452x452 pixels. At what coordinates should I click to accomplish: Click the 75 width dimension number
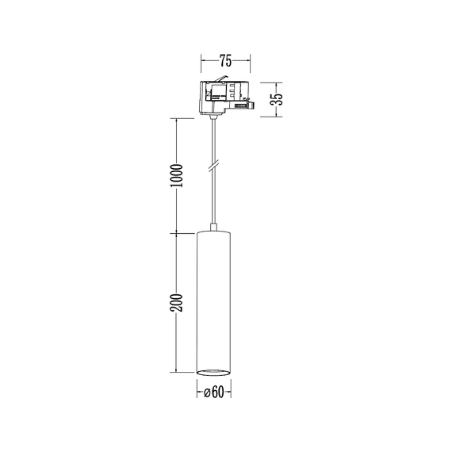coord(225,60)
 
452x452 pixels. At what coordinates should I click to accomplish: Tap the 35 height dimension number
coord(276,100)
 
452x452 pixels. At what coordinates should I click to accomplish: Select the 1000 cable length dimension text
coord(177,175)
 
